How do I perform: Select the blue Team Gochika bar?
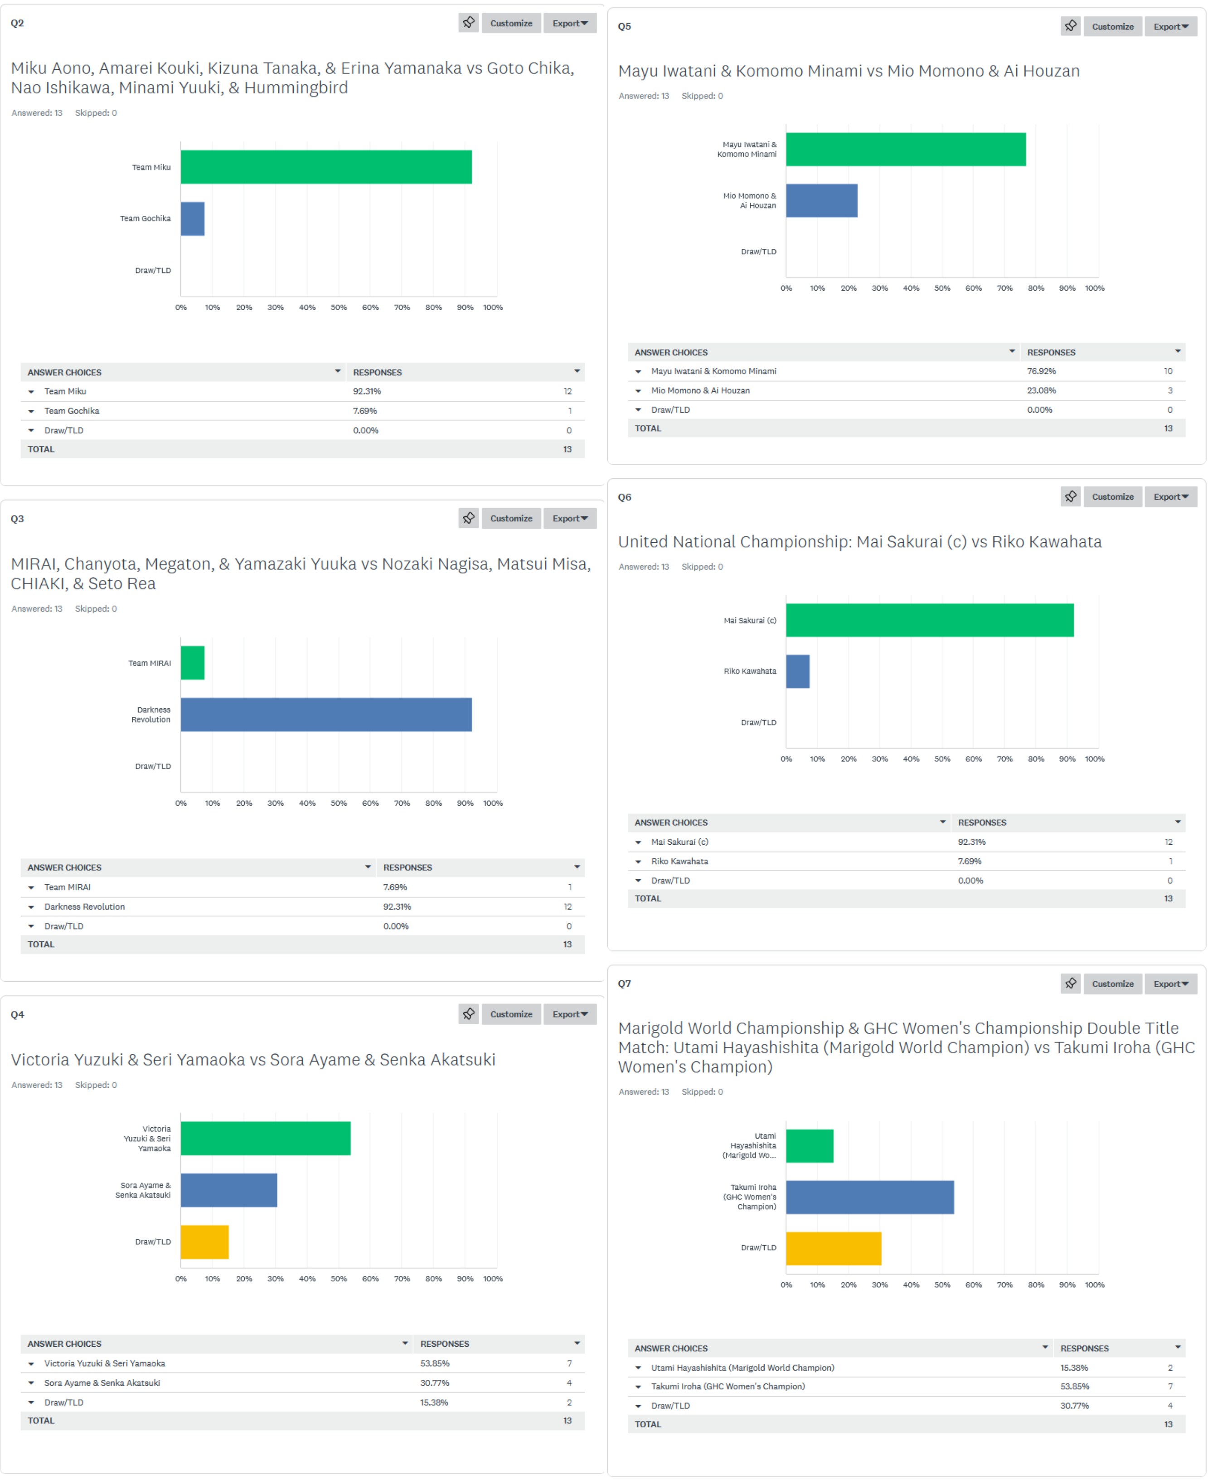(193, 219)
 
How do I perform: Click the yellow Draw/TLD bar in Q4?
(204, 1242)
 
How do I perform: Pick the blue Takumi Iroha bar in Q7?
(870, 1198)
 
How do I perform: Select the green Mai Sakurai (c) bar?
(930, 620)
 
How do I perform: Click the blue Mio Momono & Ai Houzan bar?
(822, 200)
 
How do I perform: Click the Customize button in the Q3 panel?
(511, 519)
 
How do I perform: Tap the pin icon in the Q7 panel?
(1070, 983)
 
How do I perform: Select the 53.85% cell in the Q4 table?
(434, 1364)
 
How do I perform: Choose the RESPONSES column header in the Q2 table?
(377, 372)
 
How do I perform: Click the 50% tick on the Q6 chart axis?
(942, 759)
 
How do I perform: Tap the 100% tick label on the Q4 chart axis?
(493, 1280)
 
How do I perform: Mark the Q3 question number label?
(17, 519)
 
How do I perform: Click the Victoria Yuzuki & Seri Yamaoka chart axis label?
(147, 1139)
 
